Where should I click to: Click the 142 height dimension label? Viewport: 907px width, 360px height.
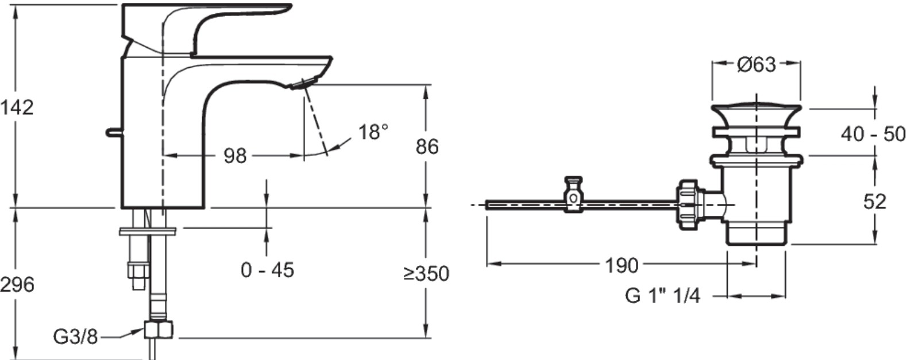pos(17,108)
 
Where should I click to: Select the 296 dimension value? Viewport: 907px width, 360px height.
pos(17,285)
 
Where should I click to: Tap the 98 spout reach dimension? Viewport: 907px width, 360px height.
pos(235,156)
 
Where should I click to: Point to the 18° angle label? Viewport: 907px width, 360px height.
pos(373,132)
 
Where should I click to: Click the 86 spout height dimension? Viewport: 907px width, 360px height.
pos(427,146)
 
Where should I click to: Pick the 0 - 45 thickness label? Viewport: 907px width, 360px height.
pos(267,270)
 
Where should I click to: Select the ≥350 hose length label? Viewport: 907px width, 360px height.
pos(426,274)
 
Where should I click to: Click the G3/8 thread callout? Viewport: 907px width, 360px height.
pos(75,336)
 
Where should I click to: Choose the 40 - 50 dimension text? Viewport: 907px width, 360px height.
pos(873,134)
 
